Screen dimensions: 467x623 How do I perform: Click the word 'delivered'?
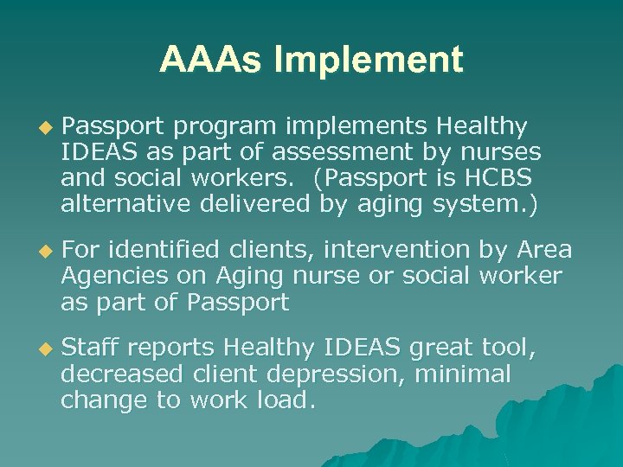(x=251, y=205)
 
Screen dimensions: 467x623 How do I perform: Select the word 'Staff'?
(x=93, y=349)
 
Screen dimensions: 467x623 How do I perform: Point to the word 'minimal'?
(x=463, y=374)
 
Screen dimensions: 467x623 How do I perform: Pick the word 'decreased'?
(x=122, y=374)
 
